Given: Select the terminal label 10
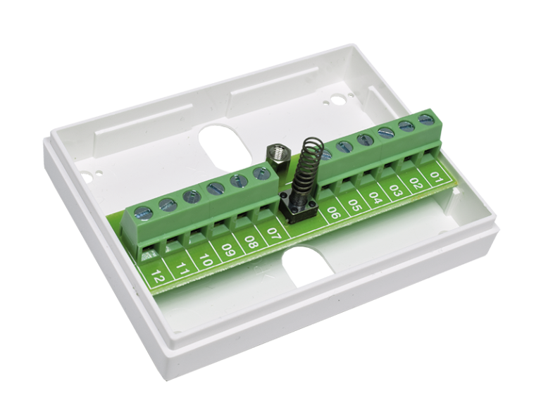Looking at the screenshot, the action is tap(206, 258).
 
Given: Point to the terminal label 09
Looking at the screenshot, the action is tap(228, 250).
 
